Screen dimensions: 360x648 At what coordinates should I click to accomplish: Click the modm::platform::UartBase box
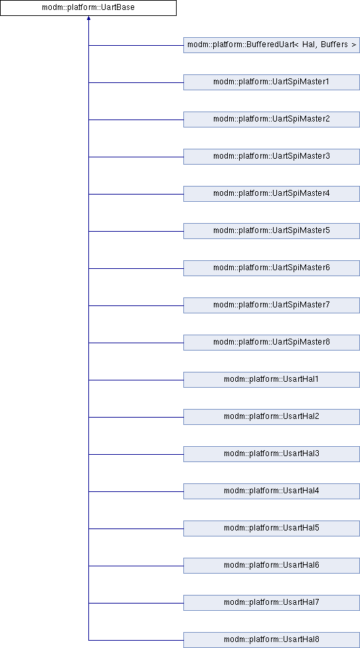(88, 8)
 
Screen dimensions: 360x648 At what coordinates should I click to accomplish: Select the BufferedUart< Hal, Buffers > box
(272, 45)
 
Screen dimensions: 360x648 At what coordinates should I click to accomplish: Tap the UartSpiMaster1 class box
(272, 82)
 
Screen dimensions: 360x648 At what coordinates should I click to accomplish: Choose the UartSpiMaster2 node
(272, 120)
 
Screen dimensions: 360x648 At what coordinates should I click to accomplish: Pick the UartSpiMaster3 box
(272, 157)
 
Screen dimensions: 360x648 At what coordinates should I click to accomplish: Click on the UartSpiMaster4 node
(272, 194)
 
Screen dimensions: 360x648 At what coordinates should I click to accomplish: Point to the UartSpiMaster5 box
(272, 231)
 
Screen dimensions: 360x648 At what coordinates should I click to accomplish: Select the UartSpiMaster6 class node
(272, 268)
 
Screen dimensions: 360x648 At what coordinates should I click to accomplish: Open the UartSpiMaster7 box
(272, 305)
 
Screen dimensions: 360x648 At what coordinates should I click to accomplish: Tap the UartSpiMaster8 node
(272, 343)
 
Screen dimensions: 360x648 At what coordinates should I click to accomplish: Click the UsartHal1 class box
(272, 380)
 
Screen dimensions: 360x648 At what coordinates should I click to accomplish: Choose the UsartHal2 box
(272, 417)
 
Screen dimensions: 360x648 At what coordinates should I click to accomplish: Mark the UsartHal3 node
(272, 454)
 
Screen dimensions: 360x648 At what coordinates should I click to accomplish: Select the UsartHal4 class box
(272, 491)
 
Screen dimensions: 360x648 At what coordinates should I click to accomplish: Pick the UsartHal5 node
(272, 528)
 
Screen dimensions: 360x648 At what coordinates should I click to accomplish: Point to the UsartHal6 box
(272, 566)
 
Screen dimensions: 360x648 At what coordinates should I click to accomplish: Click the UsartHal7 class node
(272, 603)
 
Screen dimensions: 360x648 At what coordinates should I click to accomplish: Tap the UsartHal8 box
(272, 640)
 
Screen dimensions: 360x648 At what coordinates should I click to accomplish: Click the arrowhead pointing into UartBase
(88, 18)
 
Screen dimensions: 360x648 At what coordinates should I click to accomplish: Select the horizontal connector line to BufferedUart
(136, 45)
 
